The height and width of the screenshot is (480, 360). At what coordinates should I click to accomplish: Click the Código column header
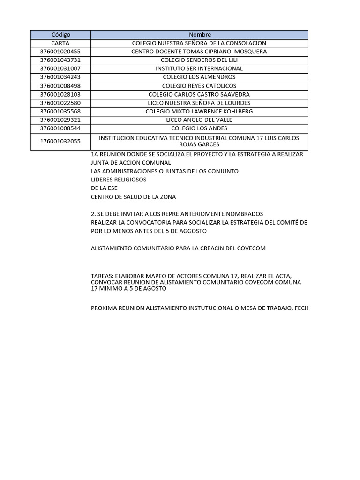coord(60,35)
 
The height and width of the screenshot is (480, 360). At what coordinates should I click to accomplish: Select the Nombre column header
coord(200,35)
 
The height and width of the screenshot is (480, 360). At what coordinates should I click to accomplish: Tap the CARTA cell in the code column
coord(60,43)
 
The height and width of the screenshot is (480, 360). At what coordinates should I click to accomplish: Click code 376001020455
coord(60,52)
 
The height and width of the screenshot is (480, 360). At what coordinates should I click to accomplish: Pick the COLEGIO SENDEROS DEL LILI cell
coord(199,60)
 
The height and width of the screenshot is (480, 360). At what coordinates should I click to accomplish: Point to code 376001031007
coord(60,68)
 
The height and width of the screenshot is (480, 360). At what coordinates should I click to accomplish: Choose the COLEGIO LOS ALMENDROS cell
coord(199,77)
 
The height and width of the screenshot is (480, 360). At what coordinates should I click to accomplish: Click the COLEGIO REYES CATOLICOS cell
coord(199,86)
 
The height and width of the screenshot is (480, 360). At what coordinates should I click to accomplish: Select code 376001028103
coord(60,94)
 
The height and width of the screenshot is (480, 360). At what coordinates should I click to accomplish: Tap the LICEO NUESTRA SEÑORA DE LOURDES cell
coord(199,103)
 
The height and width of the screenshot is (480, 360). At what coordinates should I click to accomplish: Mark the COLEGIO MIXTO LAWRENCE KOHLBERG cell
coord(199,111)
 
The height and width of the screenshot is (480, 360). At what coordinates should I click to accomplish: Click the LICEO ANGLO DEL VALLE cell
coord(199,120)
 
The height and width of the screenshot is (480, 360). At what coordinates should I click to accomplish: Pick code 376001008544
coord(60,128)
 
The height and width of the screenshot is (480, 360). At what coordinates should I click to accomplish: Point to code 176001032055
coord(60,141)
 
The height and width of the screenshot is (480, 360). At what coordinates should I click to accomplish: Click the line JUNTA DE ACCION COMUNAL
coord(131,163)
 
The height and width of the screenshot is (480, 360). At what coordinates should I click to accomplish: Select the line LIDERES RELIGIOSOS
coord(119,180)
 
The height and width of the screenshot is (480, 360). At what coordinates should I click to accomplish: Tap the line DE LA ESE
coord(104,188)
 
